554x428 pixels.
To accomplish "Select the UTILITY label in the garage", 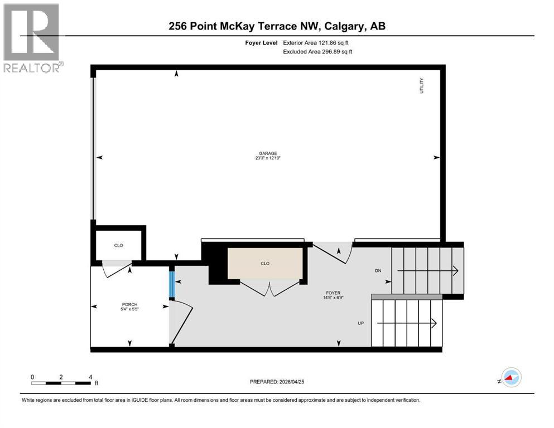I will [422, 85].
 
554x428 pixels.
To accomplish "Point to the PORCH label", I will [129, 304].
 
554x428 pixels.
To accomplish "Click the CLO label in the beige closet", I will [265, 264].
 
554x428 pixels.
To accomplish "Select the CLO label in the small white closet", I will [118, 245].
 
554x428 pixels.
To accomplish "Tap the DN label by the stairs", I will [378, 271].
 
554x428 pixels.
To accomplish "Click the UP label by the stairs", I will [362, 323].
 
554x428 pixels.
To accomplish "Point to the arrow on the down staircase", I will [427, 271].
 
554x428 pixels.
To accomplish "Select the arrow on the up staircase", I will [407, 323].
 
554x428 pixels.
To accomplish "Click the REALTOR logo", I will [32, 38].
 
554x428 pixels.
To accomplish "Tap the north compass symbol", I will [510, 378].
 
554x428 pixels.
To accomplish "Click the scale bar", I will [61, 383].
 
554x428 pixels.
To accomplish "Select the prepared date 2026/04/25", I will [277, 382].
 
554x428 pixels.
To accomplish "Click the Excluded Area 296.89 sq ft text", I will [318, 51].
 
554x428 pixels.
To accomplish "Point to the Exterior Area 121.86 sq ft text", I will [318, 42].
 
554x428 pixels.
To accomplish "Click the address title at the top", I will [277, 26].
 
